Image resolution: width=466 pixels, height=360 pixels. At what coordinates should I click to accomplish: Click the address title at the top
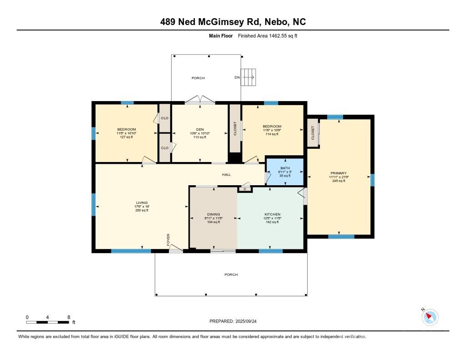click(233, 22)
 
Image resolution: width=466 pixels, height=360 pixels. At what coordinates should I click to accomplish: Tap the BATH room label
click(285, 168)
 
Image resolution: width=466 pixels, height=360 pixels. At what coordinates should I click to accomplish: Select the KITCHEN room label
click(272, 214)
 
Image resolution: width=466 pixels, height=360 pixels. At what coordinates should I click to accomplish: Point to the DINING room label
click(213, 214)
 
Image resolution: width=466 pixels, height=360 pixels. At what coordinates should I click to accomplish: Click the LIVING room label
click(142, 203)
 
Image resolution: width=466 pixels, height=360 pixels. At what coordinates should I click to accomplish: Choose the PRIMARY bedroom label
click(339, 173)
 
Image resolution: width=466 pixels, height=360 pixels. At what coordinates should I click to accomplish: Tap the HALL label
click(226, 175)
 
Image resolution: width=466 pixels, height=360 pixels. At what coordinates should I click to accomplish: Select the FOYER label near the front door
click(168, 239)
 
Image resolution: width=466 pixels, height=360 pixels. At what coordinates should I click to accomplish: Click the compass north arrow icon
click(430, 317)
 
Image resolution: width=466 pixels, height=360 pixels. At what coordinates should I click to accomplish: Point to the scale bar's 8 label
click(69, 317)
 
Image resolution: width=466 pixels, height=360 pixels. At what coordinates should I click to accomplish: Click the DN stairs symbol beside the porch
click(248, 77)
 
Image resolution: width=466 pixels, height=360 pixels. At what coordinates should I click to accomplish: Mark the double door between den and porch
click(200, 101)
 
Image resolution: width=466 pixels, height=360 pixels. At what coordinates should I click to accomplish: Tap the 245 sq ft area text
click(339, 181)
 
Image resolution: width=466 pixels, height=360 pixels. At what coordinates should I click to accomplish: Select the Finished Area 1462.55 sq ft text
click(268, 35)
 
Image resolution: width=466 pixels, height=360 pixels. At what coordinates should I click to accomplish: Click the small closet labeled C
click(245, 188)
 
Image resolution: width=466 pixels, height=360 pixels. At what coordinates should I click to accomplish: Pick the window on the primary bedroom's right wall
click(372, 180)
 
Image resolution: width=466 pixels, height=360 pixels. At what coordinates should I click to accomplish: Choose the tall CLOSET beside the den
click(235, 128)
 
